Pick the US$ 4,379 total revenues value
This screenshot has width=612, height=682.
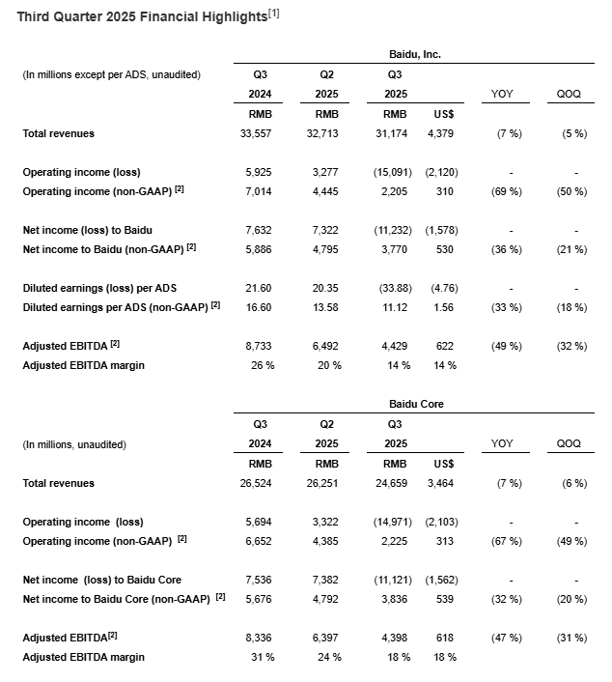point(439,133)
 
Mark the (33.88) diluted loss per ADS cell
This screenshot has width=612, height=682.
point(392,288)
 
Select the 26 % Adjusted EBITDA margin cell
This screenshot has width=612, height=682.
point(260,365)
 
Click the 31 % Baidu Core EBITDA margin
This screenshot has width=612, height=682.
point(260,657)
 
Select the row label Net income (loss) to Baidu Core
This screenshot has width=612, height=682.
point(102,580)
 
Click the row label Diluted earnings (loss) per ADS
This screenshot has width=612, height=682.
point(99,288)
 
